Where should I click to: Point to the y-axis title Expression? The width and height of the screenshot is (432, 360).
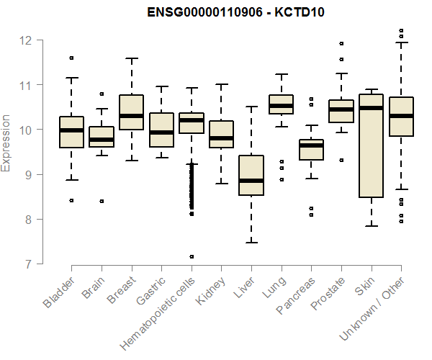[6, 143]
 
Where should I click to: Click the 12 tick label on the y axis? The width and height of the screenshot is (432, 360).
[26, 40]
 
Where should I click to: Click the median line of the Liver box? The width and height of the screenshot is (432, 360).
[251, 181]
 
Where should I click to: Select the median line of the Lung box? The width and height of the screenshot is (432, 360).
[281, 106]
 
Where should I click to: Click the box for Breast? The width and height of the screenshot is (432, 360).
[131, 112]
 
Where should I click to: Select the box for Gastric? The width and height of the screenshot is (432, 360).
[161, 130]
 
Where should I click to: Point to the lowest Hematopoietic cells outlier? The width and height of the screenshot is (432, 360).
[192, 256]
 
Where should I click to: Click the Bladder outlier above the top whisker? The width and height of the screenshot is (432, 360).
[71, 58]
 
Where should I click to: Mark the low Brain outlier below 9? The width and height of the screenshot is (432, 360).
[102, 202]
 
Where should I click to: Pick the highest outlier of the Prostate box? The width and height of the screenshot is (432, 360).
[341, 43]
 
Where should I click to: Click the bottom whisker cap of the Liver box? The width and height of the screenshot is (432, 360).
[251, 243]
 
